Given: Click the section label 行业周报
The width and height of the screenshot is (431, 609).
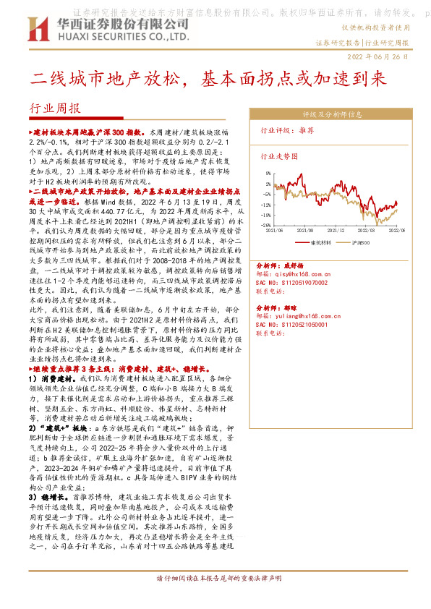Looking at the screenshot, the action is (54, 109).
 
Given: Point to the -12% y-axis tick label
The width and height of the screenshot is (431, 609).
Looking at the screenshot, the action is (265, 214).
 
